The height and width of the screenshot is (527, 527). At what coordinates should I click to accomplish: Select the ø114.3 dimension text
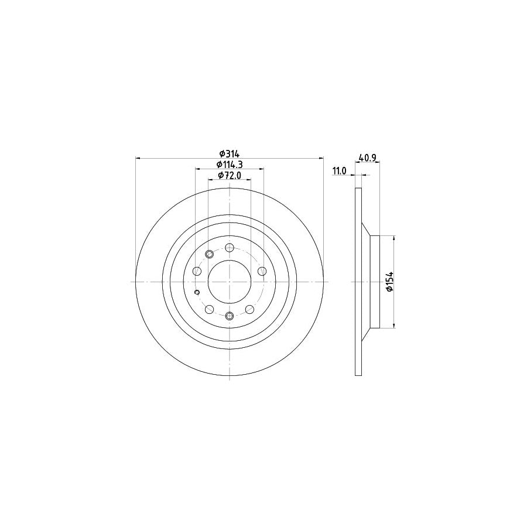coord(230,165)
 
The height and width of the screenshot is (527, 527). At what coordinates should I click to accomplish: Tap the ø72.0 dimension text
coord(230,175)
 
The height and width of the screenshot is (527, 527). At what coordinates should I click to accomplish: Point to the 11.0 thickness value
coord(340,170)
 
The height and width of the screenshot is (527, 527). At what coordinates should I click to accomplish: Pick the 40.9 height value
coord(367,158)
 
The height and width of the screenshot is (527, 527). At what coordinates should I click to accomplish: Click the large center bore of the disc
coord(230,282)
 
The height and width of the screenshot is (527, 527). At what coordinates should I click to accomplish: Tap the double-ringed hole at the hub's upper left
coord(210,254)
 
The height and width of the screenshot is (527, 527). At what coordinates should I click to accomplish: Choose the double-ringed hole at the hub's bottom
coord(230,317)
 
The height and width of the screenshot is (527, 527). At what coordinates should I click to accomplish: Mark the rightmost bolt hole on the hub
coord(262,271)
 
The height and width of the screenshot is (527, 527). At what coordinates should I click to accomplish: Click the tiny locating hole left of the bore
coord(197,293)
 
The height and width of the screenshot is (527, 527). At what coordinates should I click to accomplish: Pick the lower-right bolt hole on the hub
coord(249,309)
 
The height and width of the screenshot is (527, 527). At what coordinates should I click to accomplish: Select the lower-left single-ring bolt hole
coord(210,309)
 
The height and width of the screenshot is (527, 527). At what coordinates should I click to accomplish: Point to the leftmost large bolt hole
coord(197,271)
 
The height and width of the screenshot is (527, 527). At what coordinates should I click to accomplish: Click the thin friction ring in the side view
coord(358,282)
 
